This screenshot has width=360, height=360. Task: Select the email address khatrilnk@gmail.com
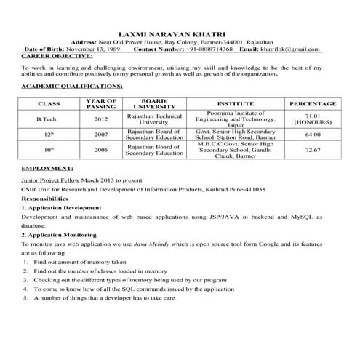point(290,49)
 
